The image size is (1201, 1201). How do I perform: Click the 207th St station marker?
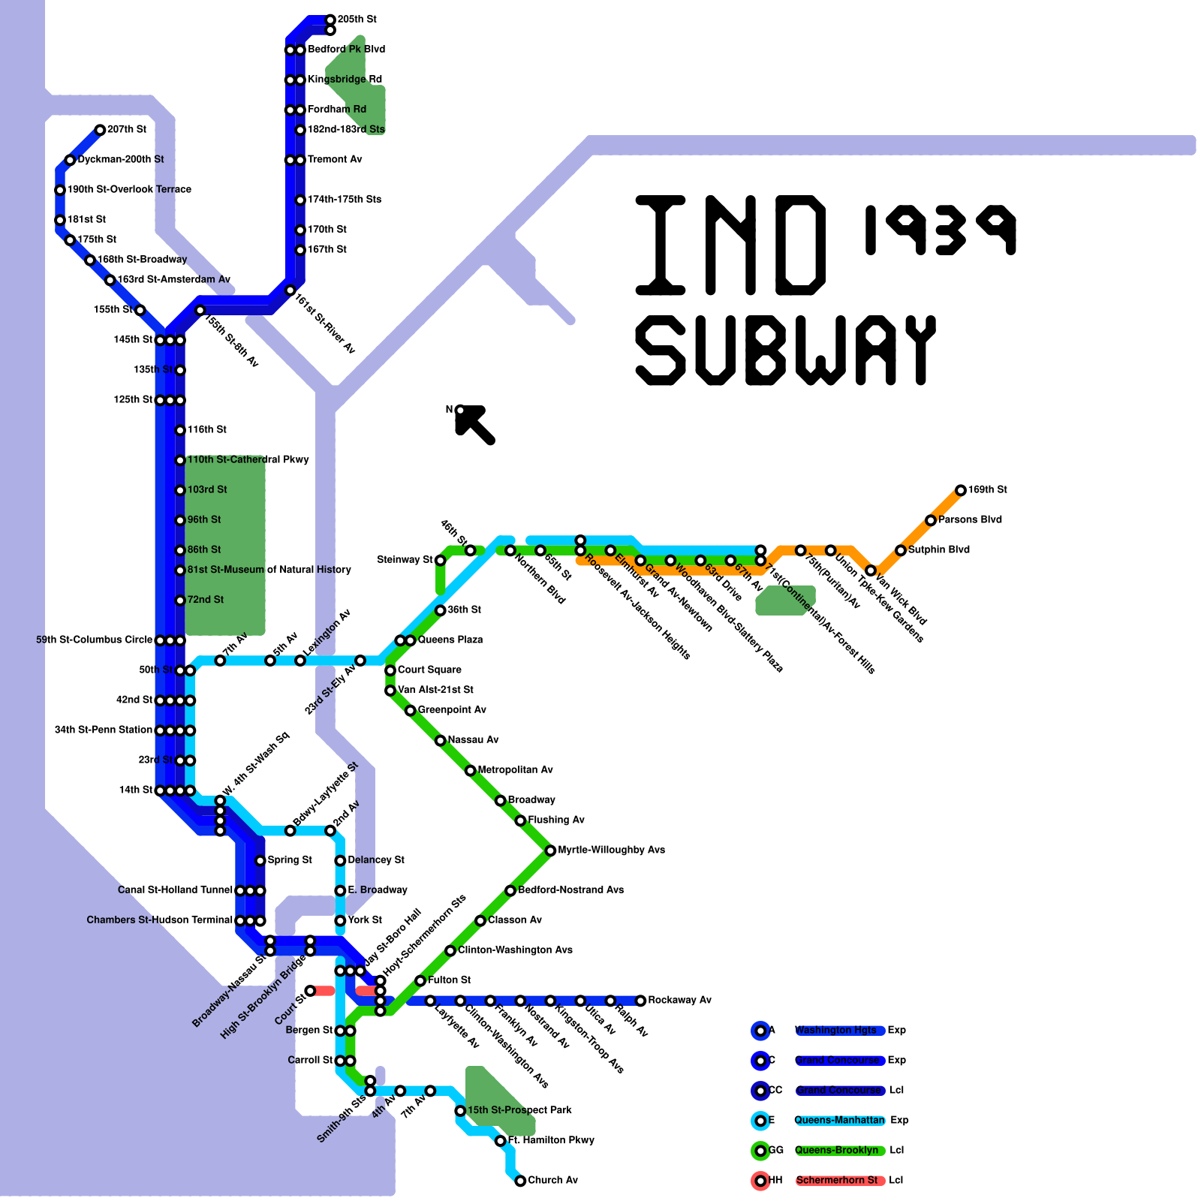(100, 130)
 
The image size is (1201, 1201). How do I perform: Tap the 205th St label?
(357, 19)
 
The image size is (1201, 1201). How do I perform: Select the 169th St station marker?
(961, 490)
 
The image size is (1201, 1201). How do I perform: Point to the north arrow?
(474, 423)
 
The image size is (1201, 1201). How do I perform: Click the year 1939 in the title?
(940, 229)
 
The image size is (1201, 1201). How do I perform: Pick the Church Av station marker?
(520, 1181)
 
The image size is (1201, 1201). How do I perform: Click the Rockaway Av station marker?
(640, 1001)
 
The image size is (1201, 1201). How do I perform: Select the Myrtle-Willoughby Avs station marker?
(550, 850)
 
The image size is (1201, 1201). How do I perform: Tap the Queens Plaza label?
(450, 640)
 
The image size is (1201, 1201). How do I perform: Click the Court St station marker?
(310, 991)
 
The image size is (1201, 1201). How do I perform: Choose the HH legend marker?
(760, 1181)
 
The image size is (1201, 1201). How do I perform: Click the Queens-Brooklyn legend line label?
(836, 1150)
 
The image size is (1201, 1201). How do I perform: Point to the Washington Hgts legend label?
(835, 1030)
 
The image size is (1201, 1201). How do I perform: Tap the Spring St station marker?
(260, 860)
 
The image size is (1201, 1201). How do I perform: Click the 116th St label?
(207, 429)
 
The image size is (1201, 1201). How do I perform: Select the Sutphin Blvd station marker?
(901, 550)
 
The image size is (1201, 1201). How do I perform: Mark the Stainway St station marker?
(441, 560)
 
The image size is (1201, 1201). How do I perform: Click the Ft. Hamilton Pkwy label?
(551, 1140)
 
